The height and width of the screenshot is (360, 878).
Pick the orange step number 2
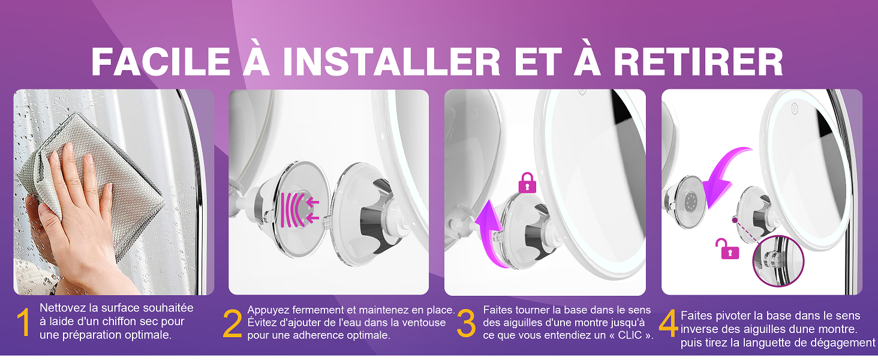[232, 325]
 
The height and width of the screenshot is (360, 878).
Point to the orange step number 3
[466, 324]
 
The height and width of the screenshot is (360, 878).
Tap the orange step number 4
[668, 325]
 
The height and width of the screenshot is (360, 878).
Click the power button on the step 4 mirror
[795, 110]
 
